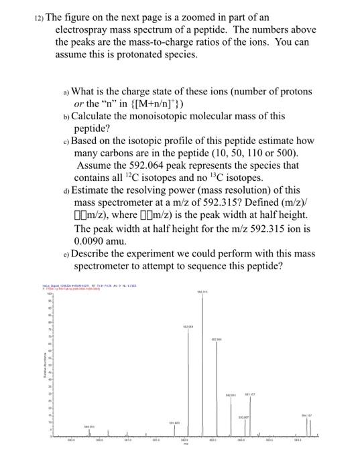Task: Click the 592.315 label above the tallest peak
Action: (x=202, y=291)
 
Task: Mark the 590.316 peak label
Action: (x=88, y=427)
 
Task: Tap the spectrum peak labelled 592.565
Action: (x=215, y=389)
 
